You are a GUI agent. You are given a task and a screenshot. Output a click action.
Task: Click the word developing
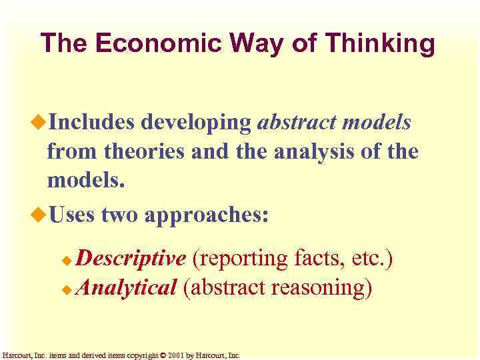(195, 122)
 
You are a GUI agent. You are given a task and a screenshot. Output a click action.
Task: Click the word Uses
(73, 215)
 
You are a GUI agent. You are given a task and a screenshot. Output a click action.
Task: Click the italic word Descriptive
(131, 258)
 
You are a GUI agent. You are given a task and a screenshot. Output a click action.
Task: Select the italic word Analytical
(126, 288)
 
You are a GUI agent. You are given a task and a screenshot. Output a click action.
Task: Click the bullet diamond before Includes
(39, 122)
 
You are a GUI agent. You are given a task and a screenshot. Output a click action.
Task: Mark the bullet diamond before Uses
(39, 214)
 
